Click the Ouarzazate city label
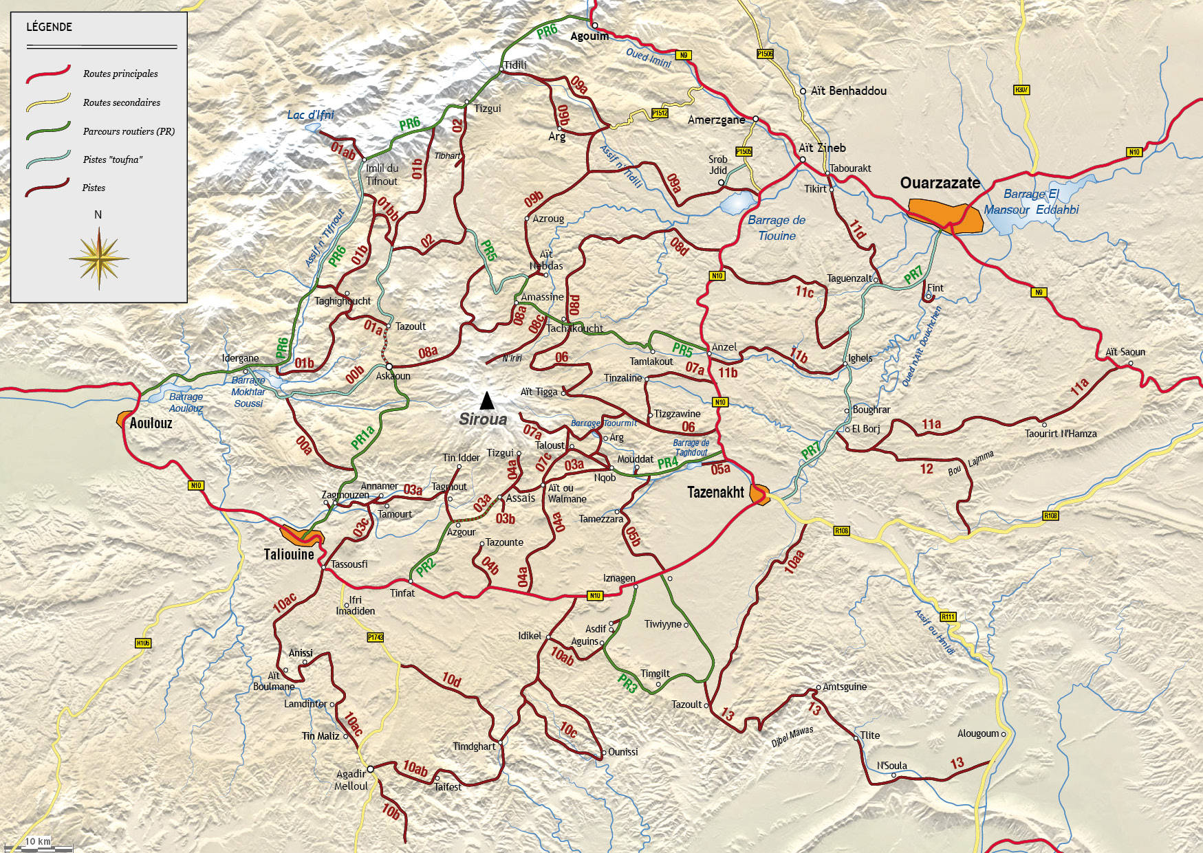[x=940, y=183]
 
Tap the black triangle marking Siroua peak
[x=487, y=400]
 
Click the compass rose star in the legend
[x=99, y=258]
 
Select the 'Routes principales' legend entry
[x=120, y=74]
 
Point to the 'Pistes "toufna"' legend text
[x=113, y=159]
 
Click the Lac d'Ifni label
[x=310, y=115]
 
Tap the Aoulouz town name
[x=151, y=423]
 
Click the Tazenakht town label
[x=715, y=492]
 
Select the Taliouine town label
[x=289, y=554]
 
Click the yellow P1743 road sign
[x=375, y=637]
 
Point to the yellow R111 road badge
[x=948, y=617]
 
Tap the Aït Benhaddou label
[x=848, y=91]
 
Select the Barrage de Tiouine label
[x=777, y=228]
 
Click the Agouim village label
[x=589, y=36]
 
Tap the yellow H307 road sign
[x=1021, y=90]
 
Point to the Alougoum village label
[x=977, y=733]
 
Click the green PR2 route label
[x=426, y=567]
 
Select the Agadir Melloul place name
[x=351, y=780]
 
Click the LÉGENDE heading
[x=49, y=27]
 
